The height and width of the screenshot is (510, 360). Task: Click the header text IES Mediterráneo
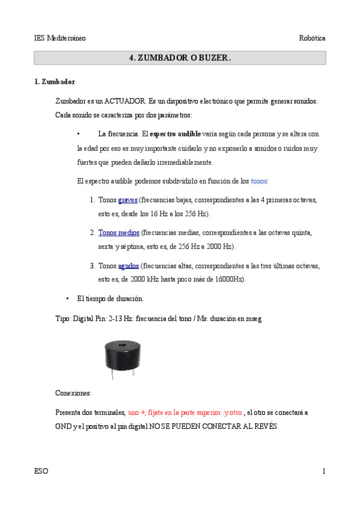pos(59,38)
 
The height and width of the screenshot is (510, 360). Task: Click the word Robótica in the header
pos(313,38)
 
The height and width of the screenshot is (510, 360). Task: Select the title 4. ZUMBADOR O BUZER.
pos(180,58)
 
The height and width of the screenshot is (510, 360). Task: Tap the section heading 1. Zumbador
pos(55,81)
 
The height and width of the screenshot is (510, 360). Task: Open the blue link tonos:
pos(260,180)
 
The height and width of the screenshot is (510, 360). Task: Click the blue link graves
pos(128,200)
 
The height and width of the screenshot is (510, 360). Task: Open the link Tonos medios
pos(119,232)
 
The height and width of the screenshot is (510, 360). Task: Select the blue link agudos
pos(129,265)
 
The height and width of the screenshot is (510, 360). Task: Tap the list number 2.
pos(93,232)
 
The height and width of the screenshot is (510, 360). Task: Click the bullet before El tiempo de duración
pos(67,298)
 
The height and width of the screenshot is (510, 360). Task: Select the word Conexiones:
pos(73,393)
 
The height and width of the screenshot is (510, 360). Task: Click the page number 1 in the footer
pos(323,471)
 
